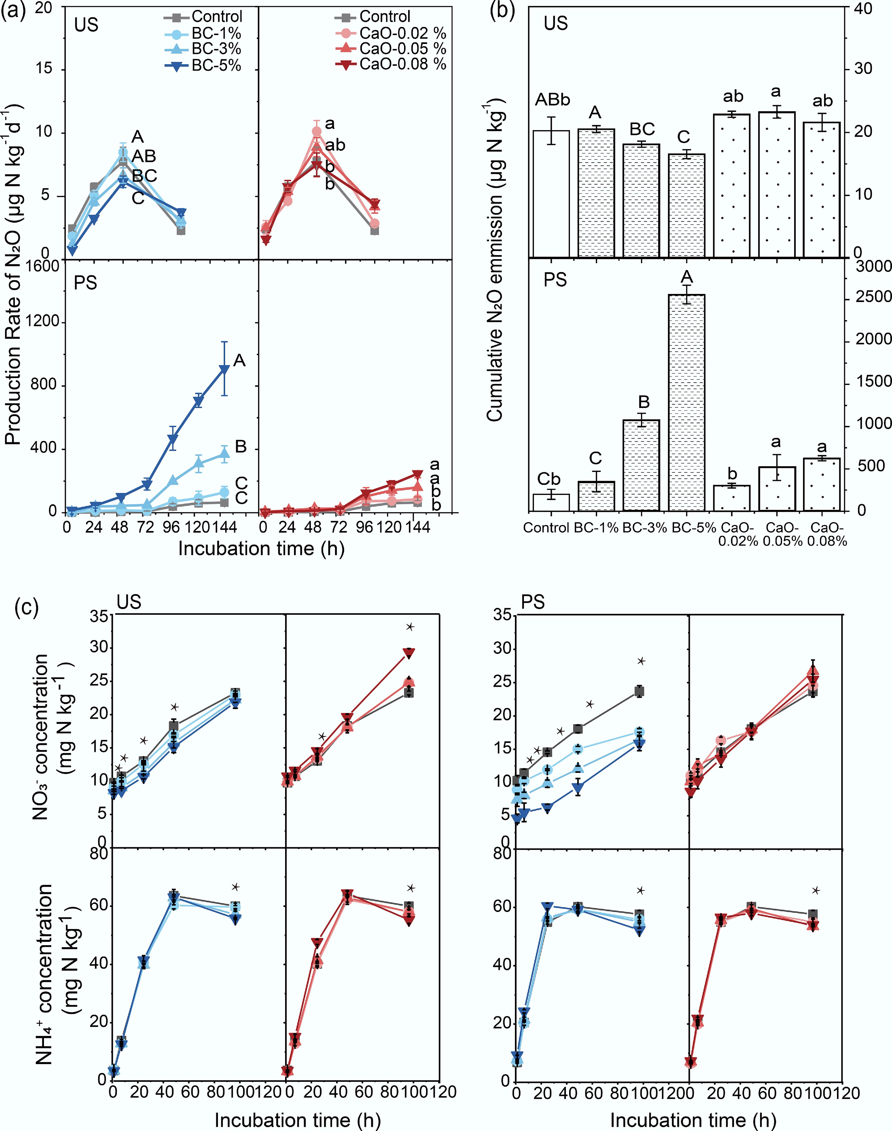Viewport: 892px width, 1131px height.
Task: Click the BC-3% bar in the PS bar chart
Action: (x=641, y=465)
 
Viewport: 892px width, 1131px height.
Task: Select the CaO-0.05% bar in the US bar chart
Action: (x=777, y=185)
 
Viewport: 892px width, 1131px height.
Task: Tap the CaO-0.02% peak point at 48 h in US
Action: (x=316, y=132)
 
